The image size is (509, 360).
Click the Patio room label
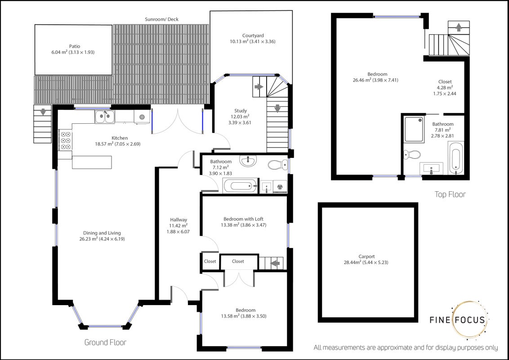[x=74, y=46]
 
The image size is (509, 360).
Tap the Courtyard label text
[x=253, y=36]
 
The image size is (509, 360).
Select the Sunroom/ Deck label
[x=161, y=19]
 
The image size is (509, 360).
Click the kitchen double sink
[x=105, y=117]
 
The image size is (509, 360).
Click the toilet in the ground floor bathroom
[x=278, y=165]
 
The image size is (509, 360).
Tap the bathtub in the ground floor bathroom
[x=240, y=186]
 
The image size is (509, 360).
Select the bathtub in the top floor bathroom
[x=455, y=158]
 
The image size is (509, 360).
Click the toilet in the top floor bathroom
[x=413, y=154]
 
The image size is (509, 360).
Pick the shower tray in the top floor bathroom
[x=414, y=129]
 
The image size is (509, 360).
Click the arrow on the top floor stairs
[x=459, y=27]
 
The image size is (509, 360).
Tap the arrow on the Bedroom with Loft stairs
[x=275, y=263]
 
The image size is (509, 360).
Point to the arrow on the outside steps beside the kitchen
[x=43, y=112]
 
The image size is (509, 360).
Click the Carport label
[x=366, y=256]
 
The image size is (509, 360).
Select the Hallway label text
[x=178, y=220]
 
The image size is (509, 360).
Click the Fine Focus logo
[x=459, y=319]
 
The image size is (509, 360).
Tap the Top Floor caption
[x=450, y=194]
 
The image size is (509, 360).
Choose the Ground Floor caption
[x=105, y=342]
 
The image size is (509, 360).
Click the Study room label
[x=241, y=111]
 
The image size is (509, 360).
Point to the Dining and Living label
[x=102, y=233]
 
